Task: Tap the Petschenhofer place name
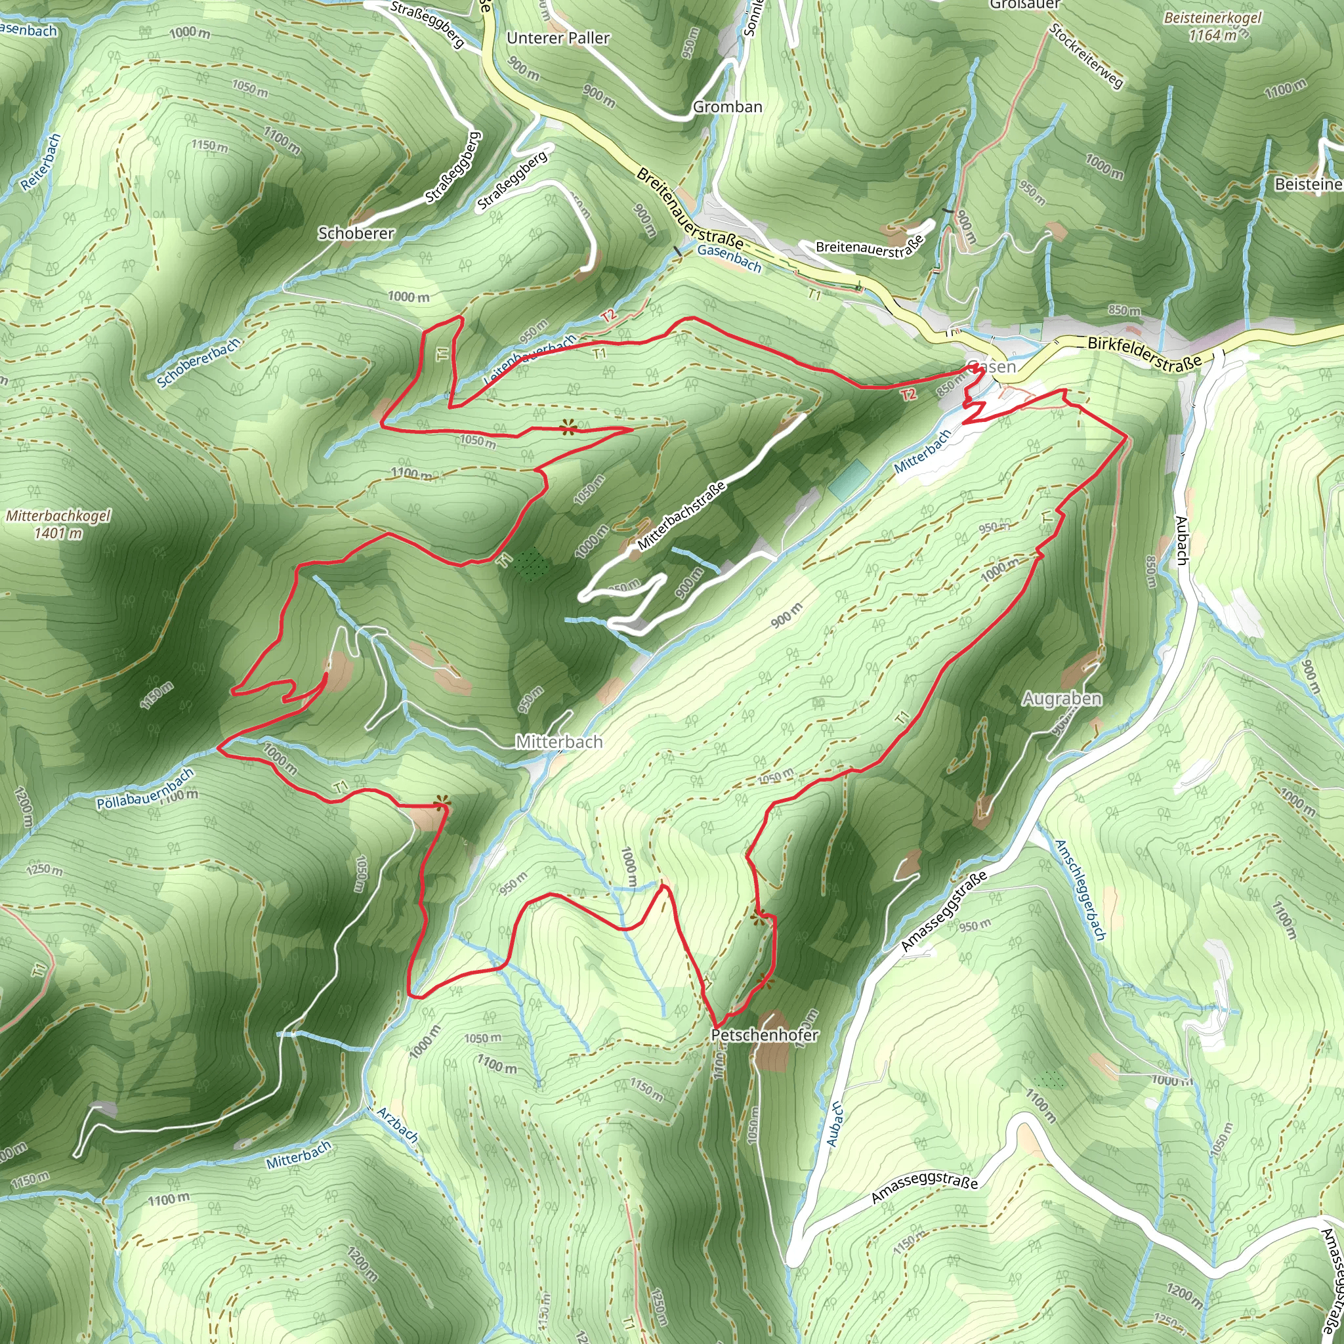pyautogui.click(x=764, y=1034)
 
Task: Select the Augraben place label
pyautogui.click(x=1062, y=698)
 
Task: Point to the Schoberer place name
pyautogui.click(x=356, y=233)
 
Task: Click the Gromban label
pyautogui.click(x=728, y=106)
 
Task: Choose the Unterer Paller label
pyautogui.click(x=558, y=37)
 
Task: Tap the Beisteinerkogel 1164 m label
pyautogui.click(x=1213, y=26)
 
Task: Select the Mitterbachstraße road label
pyautogui.click(x=682, y=515)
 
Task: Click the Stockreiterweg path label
pyautogui.click(x=1086, y=56)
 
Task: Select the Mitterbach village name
pyautogui.click(x=558, y=742)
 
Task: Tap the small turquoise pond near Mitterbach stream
pyautogui.click(x=849, y=479)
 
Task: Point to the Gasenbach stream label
pyautogui.click(x=729, y=258)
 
